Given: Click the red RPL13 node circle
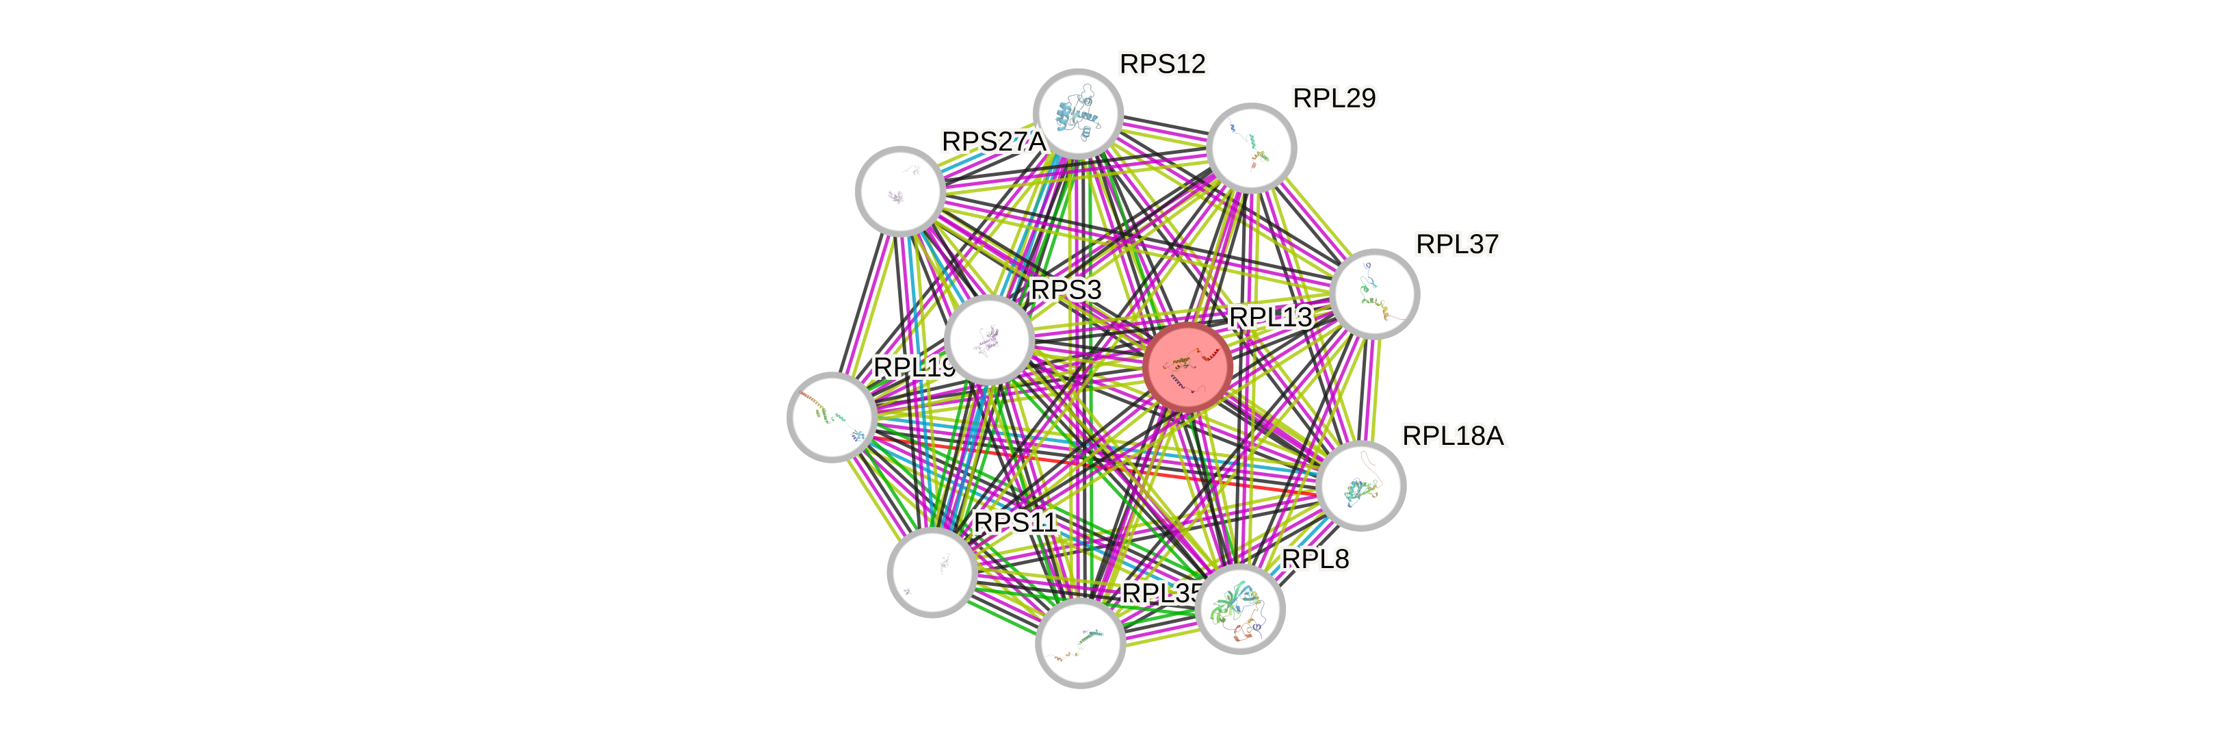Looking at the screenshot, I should (x=1187, y=366).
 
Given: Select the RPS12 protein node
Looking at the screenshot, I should (x=1078, y=114).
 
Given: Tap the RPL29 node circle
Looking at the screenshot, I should (x=1251, y=148).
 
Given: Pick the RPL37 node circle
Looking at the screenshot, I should (x=1375, y=294).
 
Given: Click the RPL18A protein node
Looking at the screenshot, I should (x=1362, y=486).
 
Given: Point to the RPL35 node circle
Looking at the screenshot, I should (x=1079, y=643).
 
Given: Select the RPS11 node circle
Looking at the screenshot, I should (x=932, y=571).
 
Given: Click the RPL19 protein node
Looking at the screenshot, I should (x=832, y=417).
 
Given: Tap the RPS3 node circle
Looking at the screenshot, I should (x=989, y=339).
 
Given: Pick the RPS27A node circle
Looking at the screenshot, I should (x=900, y=191).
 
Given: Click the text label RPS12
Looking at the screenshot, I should (x=1161, y=64).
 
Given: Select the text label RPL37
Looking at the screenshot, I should (x=1457, y=244).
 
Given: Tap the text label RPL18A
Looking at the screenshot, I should (x=1453, y=436).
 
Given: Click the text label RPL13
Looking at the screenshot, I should (x=1270, y=317).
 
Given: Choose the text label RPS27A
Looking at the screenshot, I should (x=992, y=142).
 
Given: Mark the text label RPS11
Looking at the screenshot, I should (x=1015, y=522).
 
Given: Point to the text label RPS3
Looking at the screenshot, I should (x=1066, y=290).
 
